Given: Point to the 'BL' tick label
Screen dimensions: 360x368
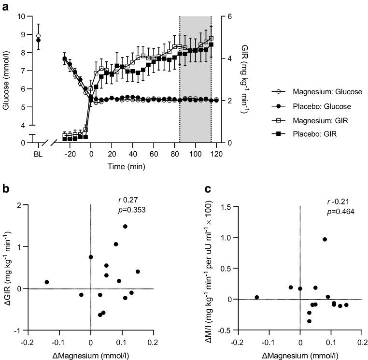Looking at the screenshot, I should pyautogui.click(x=38, y=154).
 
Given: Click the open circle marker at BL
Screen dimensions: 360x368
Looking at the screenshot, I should pyautogui.click(x=39, y=36).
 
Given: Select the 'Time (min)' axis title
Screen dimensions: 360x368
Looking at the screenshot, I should pyautogui.click(x=127, y=166).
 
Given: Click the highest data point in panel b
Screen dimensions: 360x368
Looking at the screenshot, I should pyautogui.click(x=125, y=226).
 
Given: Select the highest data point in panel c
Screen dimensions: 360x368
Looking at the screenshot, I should pyautogui.click(x=325, y=239).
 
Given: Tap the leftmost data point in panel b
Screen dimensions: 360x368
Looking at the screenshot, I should pyautogui.click(x=47, y=282).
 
